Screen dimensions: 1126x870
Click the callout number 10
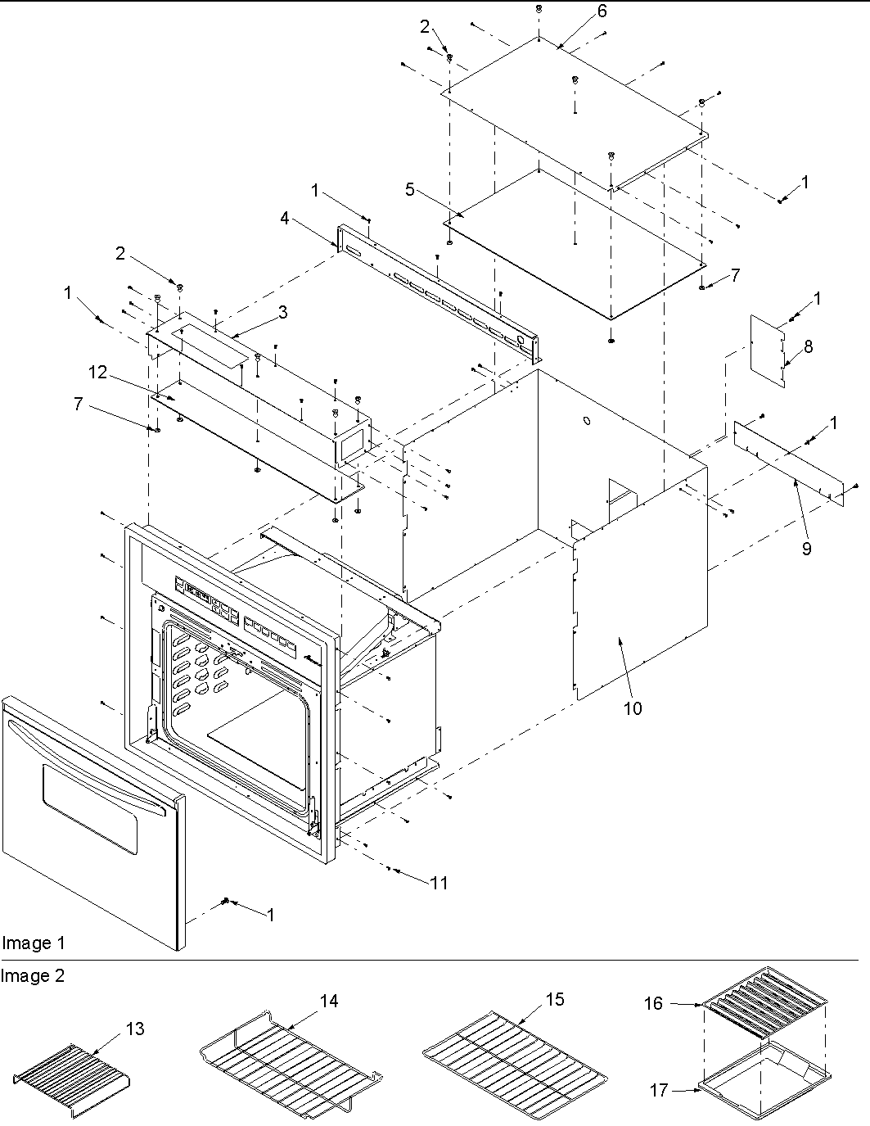click(x=633, y=708)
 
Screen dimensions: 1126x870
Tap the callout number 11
click(x=440, y=883)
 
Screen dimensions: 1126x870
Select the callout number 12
click(x=98, y=373)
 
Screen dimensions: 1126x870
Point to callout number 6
click(x=602, y=11)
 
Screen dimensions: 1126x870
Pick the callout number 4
click(x=284, y=219)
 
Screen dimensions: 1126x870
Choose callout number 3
click(x=282, y=312)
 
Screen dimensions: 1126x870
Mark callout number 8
click(x=808, y=346)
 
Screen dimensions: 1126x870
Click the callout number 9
click(x=806, y=549)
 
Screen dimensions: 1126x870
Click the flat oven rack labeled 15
click(x=516, y=1056)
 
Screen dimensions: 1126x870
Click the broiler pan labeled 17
click(x=761, y=1083)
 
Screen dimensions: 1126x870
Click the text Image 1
click(x=33, y=943)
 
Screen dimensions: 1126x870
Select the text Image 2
click(x=33, y=976)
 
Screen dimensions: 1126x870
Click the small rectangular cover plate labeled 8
click(x=768, y=351)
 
